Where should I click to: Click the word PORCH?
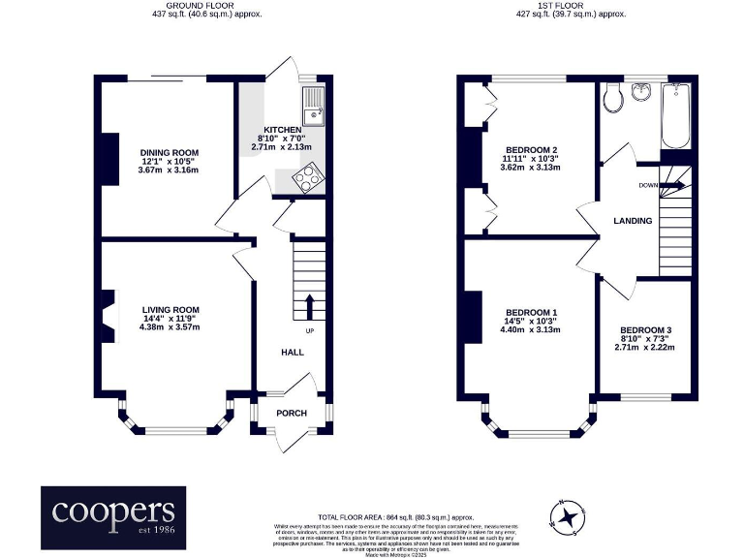tap(292, 414)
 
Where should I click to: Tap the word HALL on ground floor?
tap(294, 353)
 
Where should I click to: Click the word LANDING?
tap(633, 222)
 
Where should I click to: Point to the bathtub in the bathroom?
tap(675, 116)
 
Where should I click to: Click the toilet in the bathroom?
tap(611, 97)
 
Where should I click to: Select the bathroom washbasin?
tap(640, 92)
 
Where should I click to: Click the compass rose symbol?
tap(570, 515)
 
